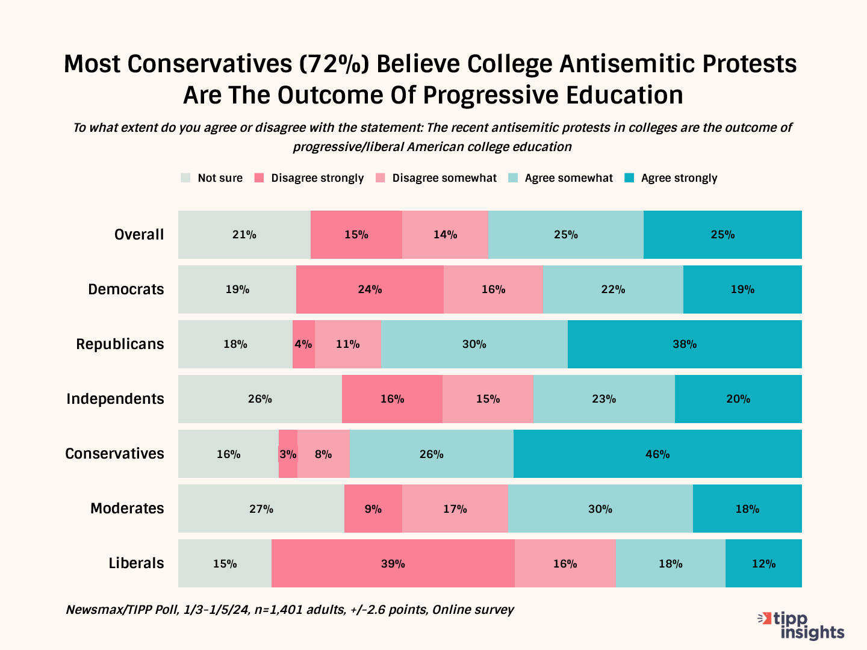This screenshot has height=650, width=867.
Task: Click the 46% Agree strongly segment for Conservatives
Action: [x=657, y=454]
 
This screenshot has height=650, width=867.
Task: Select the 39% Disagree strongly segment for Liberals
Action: [x=393, y=563]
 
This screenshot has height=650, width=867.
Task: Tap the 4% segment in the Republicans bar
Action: [x=303, y=344]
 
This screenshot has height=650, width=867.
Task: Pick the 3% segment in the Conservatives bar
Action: [x=288, y=454]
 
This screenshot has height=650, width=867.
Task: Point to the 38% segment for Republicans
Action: [x=685, y=344]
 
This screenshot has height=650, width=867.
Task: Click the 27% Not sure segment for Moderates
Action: [x=261, y=509]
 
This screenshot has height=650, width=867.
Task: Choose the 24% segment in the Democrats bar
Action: [x=370, y=289]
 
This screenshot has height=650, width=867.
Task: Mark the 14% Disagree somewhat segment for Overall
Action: [x=445, y=235]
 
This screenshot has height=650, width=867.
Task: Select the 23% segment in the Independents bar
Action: [x=604, y=399]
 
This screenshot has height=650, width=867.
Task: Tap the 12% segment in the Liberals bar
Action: [x=763, y=563]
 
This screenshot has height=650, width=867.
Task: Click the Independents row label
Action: [x=115, y=399]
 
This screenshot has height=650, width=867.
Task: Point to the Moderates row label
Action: [x=127, y=509]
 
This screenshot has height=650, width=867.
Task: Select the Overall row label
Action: [x=139, y=235]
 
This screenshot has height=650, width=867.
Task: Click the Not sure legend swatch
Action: [x=186, y=178]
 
